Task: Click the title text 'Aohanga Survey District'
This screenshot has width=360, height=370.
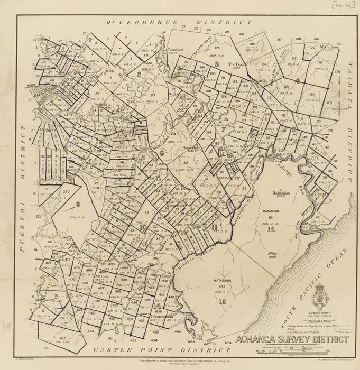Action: [292, 340]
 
